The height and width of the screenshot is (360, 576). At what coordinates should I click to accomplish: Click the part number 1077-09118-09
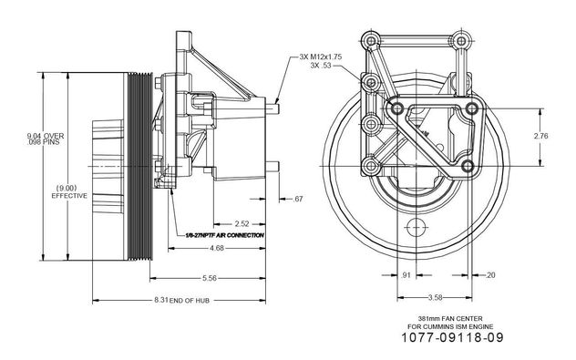click(452, 337)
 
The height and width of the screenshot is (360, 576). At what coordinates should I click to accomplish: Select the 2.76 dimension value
click(540, 136)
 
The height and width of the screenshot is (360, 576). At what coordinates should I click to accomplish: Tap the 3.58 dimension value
click(435, 297)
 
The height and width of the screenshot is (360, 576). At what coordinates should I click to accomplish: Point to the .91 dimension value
click(406, 274)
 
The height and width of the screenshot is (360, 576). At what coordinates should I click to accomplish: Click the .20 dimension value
click(490, 274)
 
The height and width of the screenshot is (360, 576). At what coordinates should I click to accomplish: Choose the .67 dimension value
click(298, 199)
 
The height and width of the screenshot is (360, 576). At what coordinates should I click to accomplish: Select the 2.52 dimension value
click(242, 223)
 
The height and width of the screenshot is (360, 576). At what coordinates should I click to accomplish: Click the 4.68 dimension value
click(217, 248)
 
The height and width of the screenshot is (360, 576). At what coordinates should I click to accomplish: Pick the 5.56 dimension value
click(210, 278)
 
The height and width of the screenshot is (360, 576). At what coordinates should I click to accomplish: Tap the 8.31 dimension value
click(161, 300)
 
